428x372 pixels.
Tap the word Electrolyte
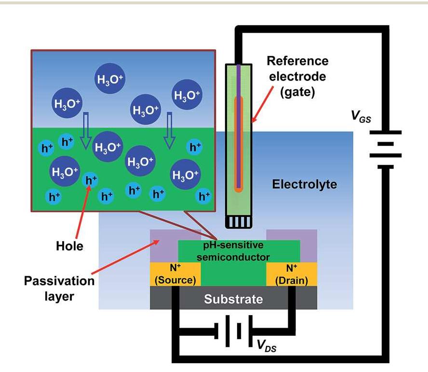[304, 185]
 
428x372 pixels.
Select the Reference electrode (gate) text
[297, 77]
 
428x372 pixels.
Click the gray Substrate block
[233, 299]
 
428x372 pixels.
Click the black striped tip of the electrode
[239, 221]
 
